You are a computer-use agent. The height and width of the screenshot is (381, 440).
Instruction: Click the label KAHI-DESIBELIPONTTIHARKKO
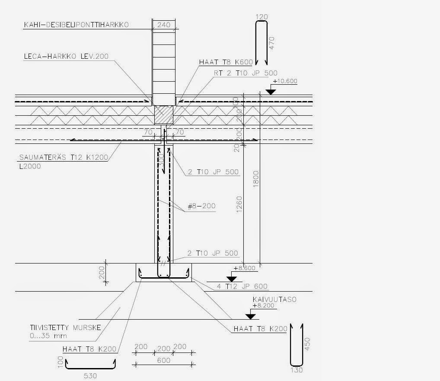(76, 25)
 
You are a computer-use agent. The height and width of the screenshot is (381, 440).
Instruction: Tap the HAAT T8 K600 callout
(225, 62)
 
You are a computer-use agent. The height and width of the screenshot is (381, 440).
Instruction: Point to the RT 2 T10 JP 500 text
(245, 73)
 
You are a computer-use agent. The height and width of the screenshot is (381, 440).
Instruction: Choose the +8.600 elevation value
(244, 268)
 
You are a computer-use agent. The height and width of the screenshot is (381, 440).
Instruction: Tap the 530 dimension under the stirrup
(90, 376)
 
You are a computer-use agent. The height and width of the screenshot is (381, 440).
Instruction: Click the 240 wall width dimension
(163, 25)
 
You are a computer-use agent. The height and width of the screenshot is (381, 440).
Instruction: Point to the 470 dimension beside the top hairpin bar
(271, 44)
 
